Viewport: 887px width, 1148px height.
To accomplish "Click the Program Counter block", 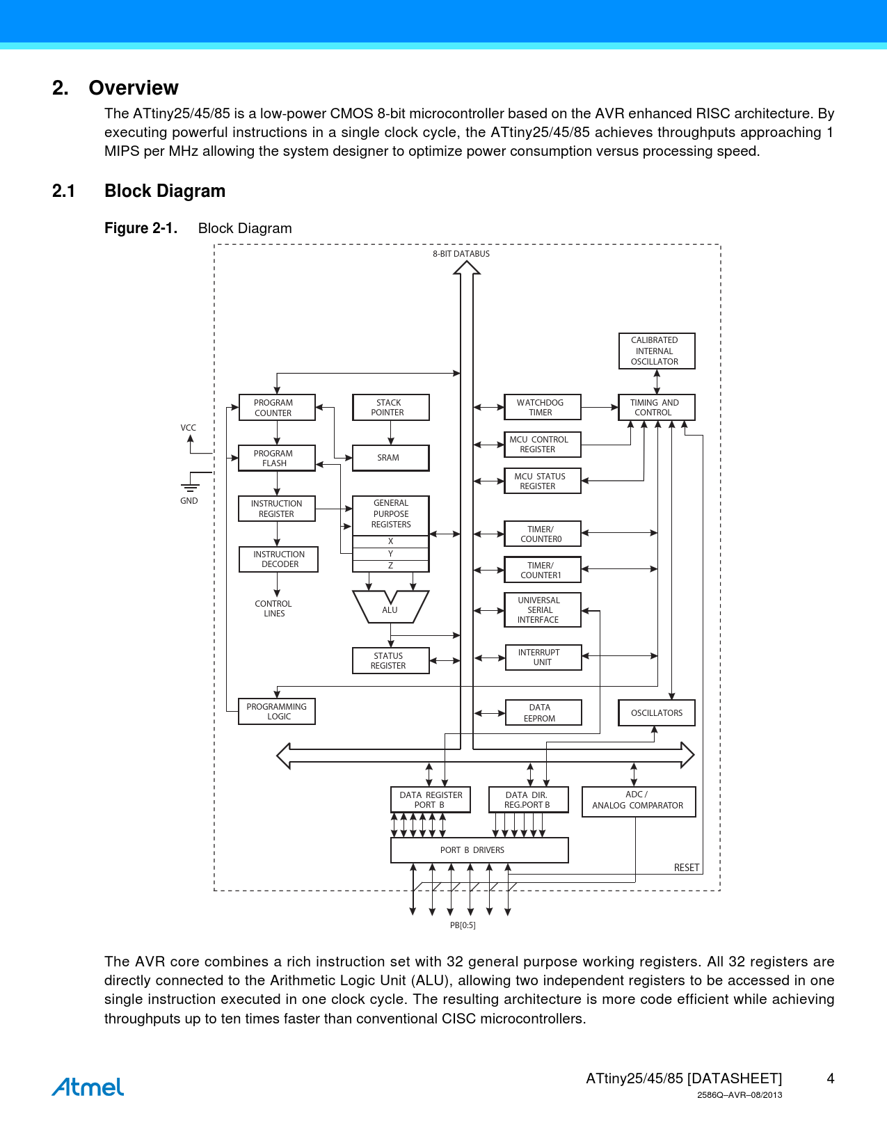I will tap(277, 408).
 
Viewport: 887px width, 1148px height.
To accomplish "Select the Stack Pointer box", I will tap(390, 408).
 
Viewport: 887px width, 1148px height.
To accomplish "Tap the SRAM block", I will tap(390, 458).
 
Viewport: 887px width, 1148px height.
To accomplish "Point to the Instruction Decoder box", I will tap(278, 559).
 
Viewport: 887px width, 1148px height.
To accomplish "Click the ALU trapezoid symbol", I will tap(390, 607).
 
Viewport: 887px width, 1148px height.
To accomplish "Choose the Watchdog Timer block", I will tap(542, 408).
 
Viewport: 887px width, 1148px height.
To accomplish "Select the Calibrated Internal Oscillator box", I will tap(656, 351).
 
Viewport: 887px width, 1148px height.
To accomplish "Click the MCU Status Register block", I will tap(542, 481).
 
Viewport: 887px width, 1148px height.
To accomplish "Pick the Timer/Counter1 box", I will tap(542, 571).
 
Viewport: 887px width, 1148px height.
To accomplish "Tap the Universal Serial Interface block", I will tap(542, 610).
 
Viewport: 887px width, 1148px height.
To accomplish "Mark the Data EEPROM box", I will tap(543, 713).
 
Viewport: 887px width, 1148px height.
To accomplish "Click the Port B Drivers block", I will tap(479, 850).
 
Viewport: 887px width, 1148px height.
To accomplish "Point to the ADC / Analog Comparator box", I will tap(638, 802).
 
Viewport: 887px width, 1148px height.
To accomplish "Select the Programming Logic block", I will tap(277, 712).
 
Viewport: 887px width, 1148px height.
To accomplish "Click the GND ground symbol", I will tap(190, 487).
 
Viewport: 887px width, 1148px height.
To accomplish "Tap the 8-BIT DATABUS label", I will tap(461, 254).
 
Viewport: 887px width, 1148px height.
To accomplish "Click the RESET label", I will tap(686, 868).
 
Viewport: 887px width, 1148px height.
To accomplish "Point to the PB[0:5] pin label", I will tap(463, 925).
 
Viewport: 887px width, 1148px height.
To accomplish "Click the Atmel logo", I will tap(88, 1087).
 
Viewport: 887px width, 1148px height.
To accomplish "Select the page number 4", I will tap(830, 1078).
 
